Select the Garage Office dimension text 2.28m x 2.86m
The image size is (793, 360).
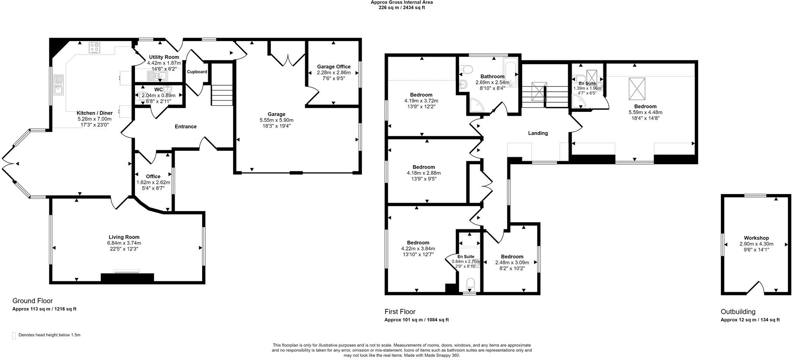point(334,73)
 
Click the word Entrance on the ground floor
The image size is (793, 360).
point(186,127)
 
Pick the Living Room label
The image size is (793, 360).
point(124,237)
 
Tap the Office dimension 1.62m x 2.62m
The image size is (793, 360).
point(153,183)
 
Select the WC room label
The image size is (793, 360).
point(159,89)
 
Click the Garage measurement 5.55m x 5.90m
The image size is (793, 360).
point(276,120)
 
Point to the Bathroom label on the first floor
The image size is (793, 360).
point(493,76)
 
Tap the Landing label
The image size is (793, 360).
point(538,133)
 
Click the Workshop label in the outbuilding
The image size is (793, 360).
point(756,238)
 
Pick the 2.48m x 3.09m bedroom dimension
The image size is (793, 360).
point(512,263)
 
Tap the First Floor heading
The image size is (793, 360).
point(400,312)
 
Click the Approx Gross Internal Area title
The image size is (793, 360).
point(402,2)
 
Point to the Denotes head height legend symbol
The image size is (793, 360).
point(14,336)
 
